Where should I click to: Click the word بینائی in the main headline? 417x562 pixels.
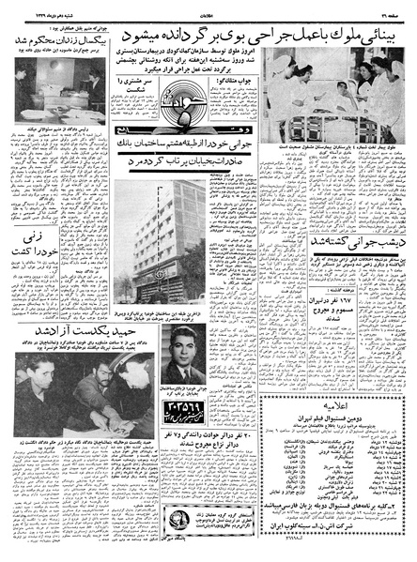[x=380, y=25]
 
